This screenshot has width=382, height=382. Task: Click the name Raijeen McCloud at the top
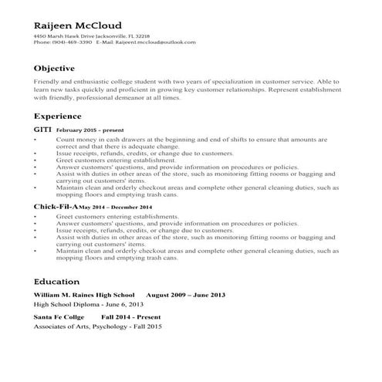click(77, 25)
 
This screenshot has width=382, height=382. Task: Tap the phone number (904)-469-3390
click(72, 43)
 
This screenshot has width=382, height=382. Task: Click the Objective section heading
click(54, 69)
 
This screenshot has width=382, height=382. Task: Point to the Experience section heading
click(58, 116)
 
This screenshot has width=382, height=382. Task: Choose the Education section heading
click(56, 282)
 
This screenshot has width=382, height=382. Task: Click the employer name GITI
click(42, 130)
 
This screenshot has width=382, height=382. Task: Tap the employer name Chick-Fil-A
click(56, 208)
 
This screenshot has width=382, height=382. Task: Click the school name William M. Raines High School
click(84, 296)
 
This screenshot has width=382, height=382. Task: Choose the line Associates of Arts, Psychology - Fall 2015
click(97, 327)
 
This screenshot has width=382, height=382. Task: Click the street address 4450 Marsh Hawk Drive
click(66, 36)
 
